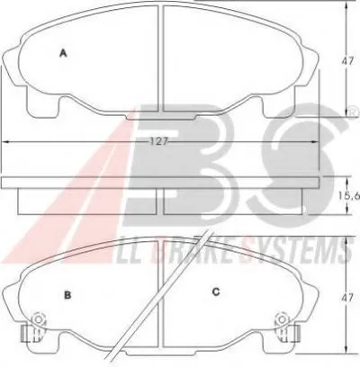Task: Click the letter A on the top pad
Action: click(x=63, y=53)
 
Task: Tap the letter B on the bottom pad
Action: click(x=67, y=296)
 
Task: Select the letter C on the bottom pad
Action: click(x=216, y=291)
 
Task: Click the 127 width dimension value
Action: click(x=159, y=141)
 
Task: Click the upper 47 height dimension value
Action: click(x=346, y=61)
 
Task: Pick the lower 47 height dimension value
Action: click(x=346, y=299)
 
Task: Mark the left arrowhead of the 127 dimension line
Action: click(x=6, y=141)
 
